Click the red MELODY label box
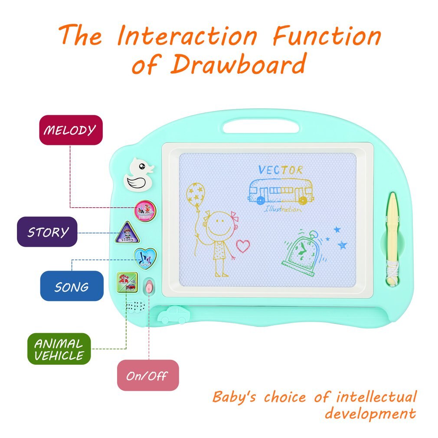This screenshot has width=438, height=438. (x=71, y=130)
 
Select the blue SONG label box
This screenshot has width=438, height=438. (x=72, y=286)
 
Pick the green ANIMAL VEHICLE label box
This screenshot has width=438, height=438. (x=59, y=349)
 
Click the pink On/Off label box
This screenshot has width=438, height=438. (x=147, y=375)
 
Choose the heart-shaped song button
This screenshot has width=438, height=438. (x=145, y=257)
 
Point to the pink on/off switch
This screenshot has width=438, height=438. (x=149, y=287)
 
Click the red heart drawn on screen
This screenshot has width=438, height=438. (x=243, y=246)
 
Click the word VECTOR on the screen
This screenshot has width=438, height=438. (x=280, y=170)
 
